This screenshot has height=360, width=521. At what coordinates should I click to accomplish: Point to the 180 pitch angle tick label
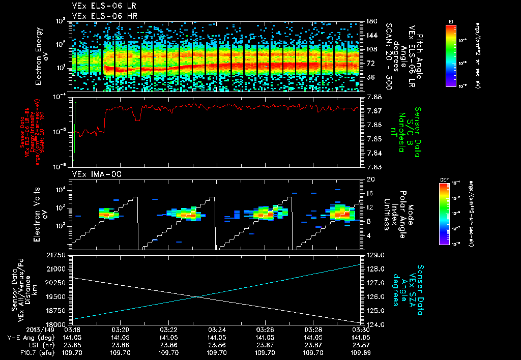click(x=371, y=21)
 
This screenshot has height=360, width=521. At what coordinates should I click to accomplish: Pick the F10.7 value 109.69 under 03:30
click(x=361, y=352)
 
